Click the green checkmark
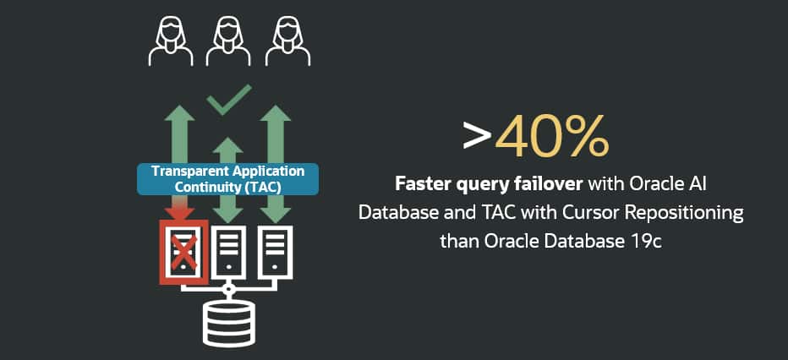(x=228, y=99)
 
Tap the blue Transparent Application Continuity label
(x=227, y=178)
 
